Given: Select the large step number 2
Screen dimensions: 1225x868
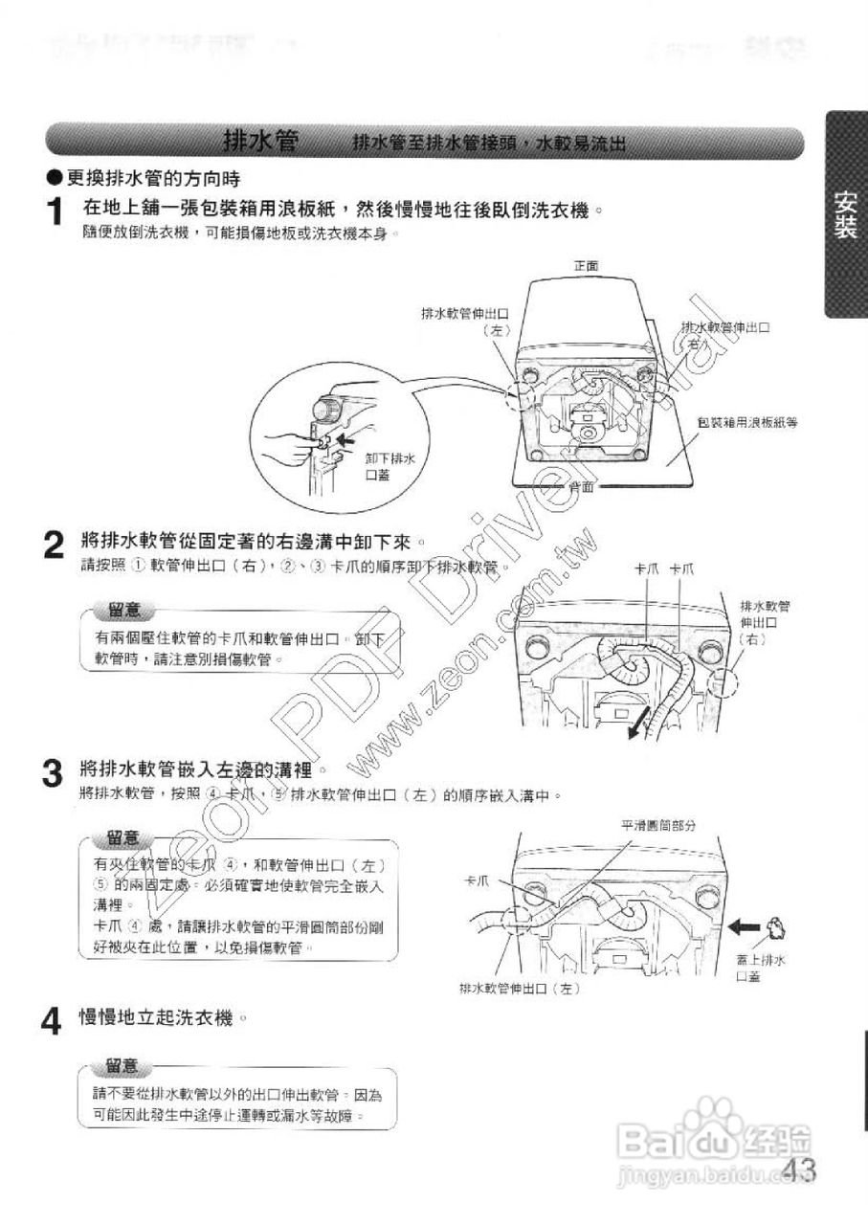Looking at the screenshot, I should pyautogui.click(x=56, y=546).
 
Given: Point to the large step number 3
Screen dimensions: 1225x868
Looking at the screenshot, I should pyautogui.click(x=57, y=772).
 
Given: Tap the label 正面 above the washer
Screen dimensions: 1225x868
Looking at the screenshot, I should pyautogui.click(x=586, y=265).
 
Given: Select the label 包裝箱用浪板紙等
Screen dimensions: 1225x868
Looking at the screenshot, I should pyautogui.click(x=747, y=422).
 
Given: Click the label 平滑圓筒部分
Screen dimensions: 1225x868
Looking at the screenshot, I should pyautogui.click(x=657, y=824).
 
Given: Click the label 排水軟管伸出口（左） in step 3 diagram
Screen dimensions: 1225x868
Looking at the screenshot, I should pyautogui.click(x=520, y=988).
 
